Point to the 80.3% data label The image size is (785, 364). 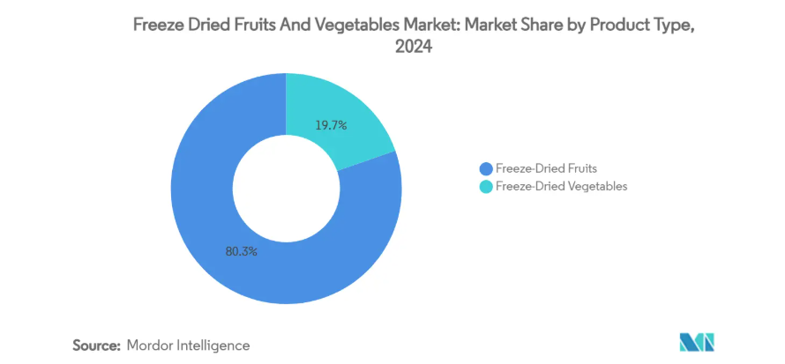241,251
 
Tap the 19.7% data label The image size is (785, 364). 331,125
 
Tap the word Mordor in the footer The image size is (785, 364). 153,345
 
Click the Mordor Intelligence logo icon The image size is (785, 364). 696,343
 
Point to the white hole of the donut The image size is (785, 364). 286,188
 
